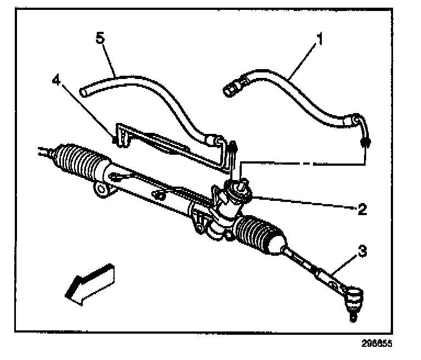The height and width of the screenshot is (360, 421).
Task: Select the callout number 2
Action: coord(361,209)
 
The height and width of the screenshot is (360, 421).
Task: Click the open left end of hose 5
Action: coord(84,90)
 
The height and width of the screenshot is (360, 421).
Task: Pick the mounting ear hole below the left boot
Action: coord(100,189)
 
